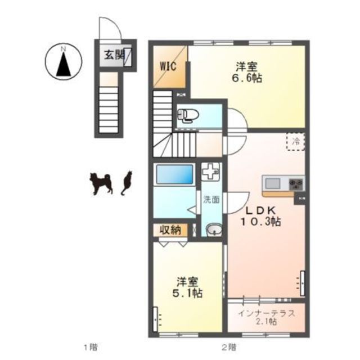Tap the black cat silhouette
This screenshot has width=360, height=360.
pos(127,182)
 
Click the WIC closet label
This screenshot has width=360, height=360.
pos(168,66)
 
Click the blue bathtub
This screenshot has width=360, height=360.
pos(175,174)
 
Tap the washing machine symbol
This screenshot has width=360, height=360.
pos(210,171)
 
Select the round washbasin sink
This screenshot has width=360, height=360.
pos(214,229)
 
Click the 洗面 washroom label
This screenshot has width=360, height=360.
pos(211,200)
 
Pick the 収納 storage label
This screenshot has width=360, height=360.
pos(170,230)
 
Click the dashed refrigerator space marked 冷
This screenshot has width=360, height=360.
pos(295,142)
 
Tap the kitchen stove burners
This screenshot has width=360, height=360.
pos(296,184)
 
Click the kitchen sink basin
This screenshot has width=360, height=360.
pos(272,184)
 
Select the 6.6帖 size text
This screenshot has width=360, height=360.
pos(246,78)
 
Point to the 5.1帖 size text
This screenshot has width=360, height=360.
pos(187,292)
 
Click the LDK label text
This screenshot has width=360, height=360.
pos(260,210)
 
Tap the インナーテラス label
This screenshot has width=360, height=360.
pos(266,313)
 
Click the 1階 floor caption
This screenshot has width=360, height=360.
pos(91,346)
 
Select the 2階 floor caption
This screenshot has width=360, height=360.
pos(229,346)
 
